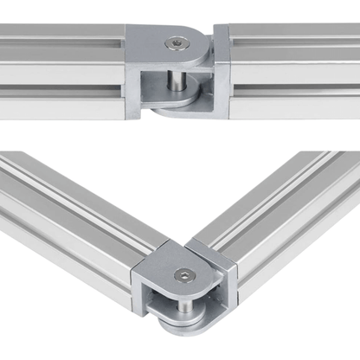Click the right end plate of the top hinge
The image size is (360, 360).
(220, 74)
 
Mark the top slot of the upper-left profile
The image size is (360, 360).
(61, 39)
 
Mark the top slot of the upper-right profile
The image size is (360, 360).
(294, 39)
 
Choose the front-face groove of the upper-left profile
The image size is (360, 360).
(61, 87)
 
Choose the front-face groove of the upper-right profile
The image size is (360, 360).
(294, 87)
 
